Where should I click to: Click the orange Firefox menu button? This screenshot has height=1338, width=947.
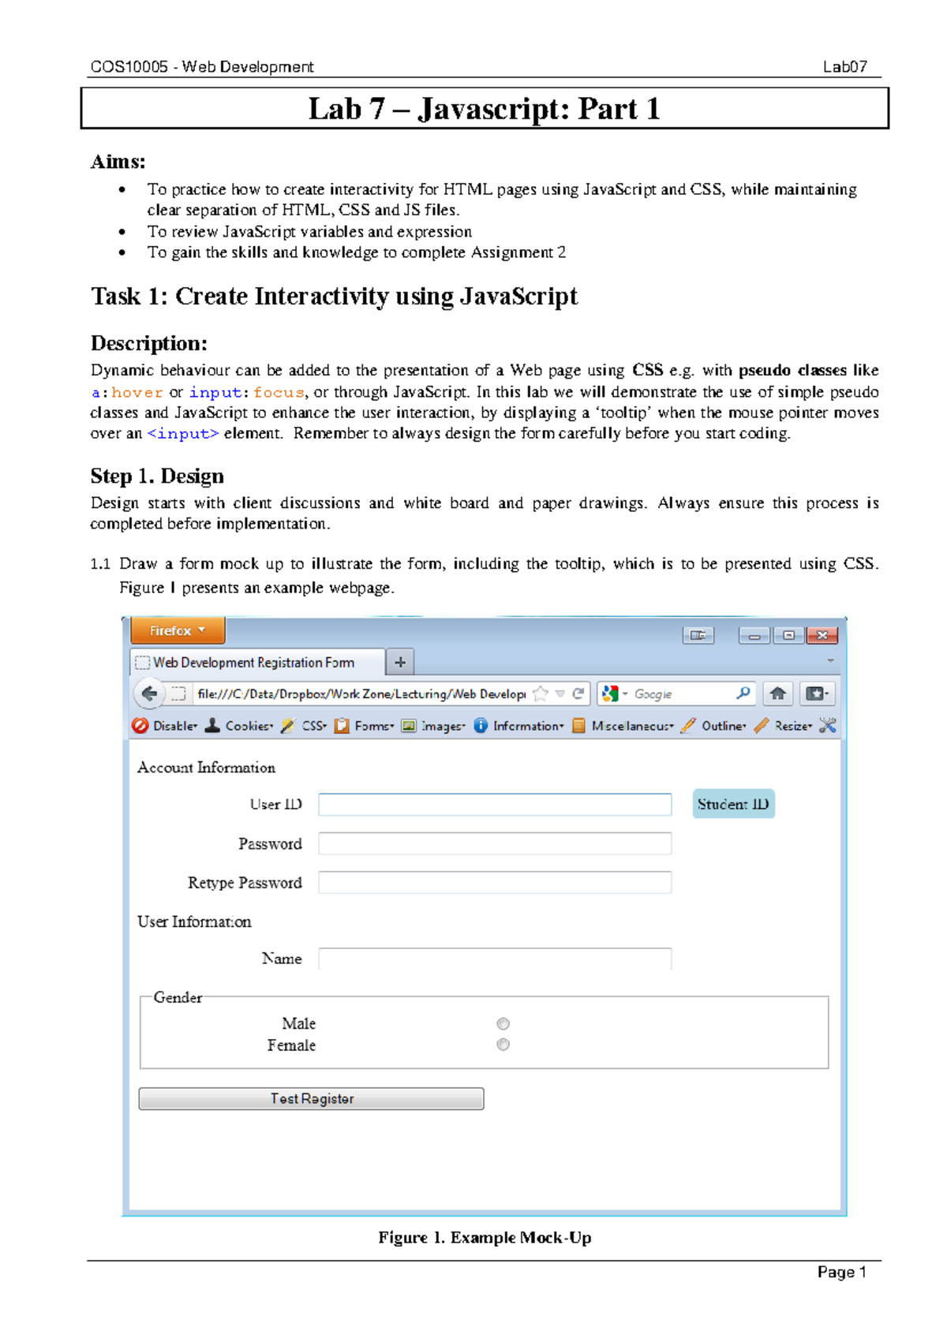[178, 630]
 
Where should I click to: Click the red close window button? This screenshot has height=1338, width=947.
[822, 635]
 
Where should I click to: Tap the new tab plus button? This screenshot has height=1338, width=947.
[400, 662]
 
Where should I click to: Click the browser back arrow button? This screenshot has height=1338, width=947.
[149, 693]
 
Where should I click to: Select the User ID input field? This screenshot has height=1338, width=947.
[495, 804]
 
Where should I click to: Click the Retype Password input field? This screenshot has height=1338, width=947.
[495, 882]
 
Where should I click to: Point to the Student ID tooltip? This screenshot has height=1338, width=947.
[733, 804]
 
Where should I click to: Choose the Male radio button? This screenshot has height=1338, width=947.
[503, 1023]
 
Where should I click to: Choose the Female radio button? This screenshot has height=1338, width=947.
[503, 1045]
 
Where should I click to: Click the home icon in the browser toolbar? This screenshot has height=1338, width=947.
[777, 693]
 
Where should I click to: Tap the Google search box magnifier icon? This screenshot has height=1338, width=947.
[743, 693]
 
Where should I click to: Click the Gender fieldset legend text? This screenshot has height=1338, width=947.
[178, 997]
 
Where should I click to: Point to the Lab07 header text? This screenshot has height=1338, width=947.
[844, 67]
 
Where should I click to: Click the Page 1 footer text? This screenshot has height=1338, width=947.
[841, 1272]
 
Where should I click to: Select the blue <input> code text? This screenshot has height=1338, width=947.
[182, 433]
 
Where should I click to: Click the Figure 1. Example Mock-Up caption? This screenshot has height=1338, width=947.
[485, 1237]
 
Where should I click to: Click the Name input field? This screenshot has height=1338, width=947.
[495, 959]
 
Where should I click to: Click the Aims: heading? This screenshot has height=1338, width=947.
[118, 162]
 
